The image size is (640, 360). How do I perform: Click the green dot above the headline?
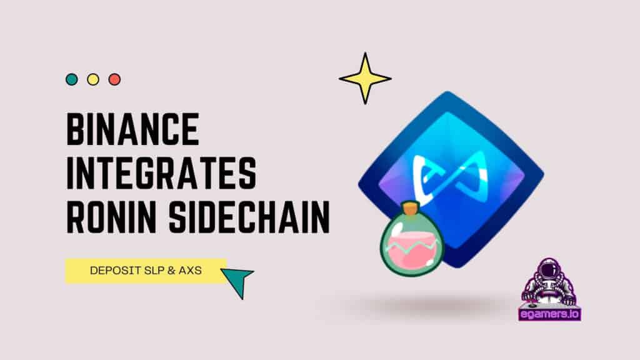(72, 79)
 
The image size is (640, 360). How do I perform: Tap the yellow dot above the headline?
(93, 79)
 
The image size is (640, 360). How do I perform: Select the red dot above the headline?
(115, 79)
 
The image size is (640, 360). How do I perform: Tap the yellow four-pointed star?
(365, 78)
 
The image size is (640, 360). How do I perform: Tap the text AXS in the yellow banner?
(190, 271)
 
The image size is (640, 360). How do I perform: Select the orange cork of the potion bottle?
(411, 207)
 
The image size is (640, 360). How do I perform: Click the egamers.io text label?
(550, 314)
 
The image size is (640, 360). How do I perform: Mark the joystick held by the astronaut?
(531, 304)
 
